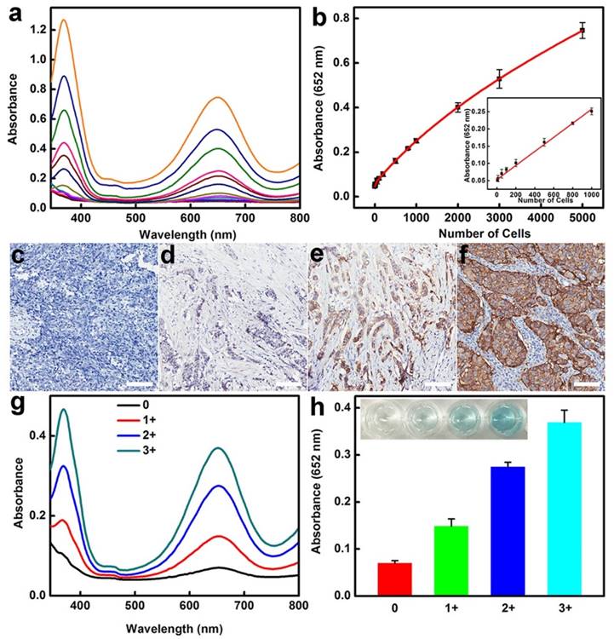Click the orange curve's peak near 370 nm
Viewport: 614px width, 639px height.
64,20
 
